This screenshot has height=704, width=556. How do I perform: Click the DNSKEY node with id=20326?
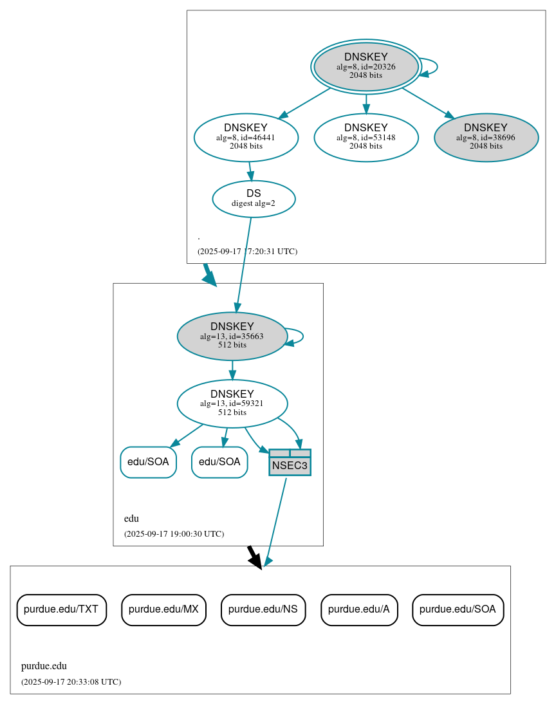366,66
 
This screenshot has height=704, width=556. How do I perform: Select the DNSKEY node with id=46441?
246,137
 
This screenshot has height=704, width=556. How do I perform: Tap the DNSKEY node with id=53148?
366,137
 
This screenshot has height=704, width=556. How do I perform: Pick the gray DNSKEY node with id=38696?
486,137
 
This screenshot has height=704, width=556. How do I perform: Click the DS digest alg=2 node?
254,199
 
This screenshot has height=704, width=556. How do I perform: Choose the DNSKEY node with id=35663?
232,336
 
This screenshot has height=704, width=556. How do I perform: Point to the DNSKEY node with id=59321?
232,403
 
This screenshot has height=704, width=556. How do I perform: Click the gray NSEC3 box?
290,463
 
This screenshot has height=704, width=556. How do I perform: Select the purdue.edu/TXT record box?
61,609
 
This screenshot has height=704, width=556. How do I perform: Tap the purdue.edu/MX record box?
163,609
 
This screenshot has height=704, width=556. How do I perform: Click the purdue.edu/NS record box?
263,609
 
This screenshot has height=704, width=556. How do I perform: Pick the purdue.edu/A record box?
359,609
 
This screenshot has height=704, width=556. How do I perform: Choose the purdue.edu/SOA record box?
458,609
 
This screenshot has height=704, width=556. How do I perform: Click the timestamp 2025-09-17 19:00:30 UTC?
174,534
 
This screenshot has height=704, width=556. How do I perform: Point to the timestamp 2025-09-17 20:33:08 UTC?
71,681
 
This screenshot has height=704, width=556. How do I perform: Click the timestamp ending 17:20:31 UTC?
247,252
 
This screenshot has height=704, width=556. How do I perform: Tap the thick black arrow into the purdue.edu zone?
254,557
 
